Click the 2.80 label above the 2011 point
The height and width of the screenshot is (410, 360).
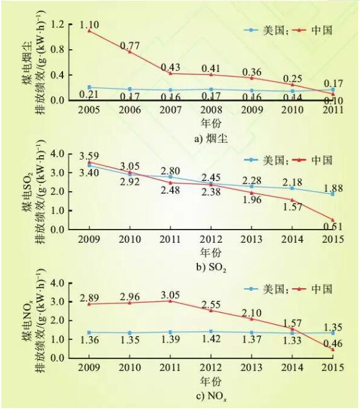pyautogui.click(x=170, y=170)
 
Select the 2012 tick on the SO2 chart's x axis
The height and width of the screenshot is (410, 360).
pyautogui.click(x=211, y=240)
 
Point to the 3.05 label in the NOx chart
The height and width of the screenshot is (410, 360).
pyautogui.click(x=170, y=292)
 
